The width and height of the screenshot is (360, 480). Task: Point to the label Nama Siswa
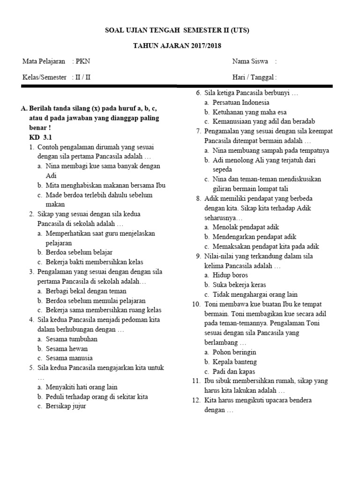(250, 61)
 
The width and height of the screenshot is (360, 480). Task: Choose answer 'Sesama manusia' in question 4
(68, 358)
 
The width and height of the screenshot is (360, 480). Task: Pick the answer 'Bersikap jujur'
(66, 406)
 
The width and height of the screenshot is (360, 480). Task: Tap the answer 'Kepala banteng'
(234, 362)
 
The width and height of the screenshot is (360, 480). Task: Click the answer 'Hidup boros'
(230, 275)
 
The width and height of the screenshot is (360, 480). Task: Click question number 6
(198, 93)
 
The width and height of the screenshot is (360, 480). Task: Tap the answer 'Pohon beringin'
(234, 352)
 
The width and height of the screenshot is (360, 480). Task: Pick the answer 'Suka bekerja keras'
(240, 285)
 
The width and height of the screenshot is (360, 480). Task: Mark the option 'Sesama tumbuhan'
(72, 339)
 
